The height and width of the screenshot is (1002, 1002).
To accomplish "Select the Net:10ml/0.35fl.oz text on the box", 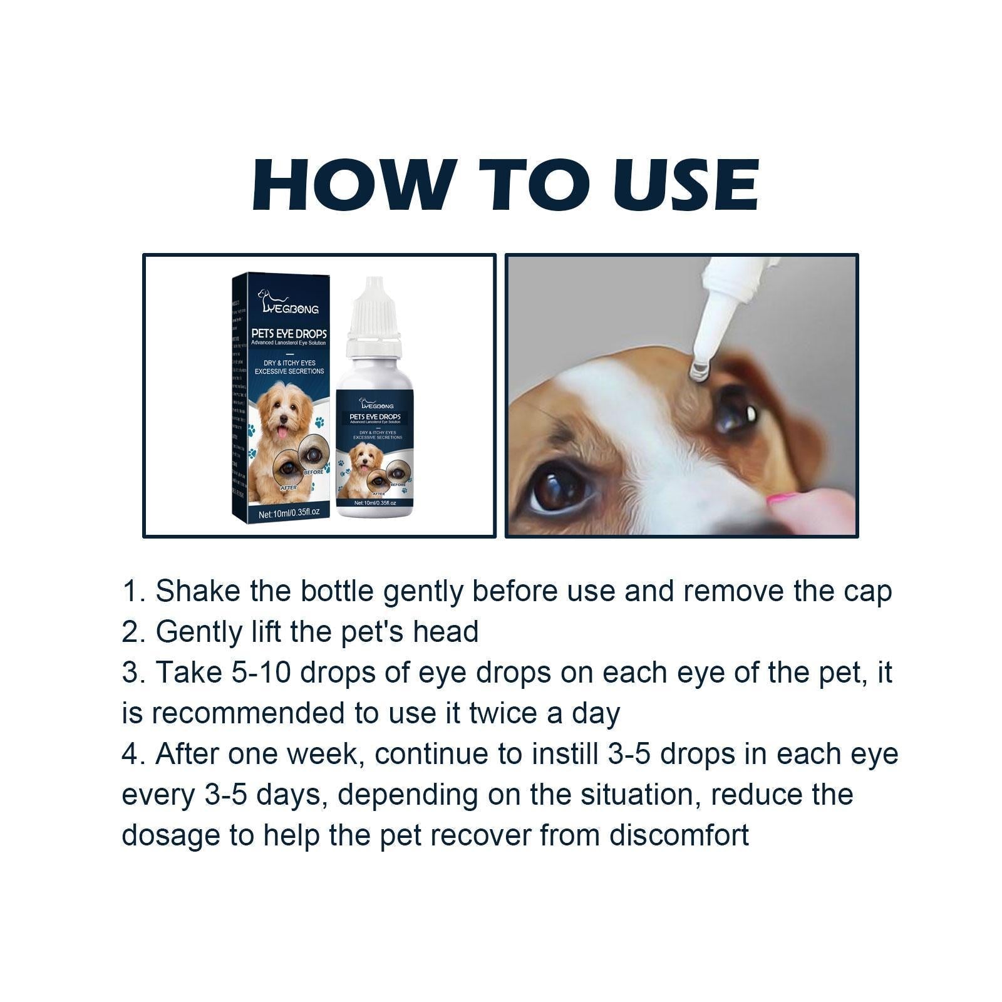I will (x=289, y=512).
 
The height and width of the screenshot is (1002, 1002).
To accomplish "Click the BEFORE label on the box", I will (x=313, y=472).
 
